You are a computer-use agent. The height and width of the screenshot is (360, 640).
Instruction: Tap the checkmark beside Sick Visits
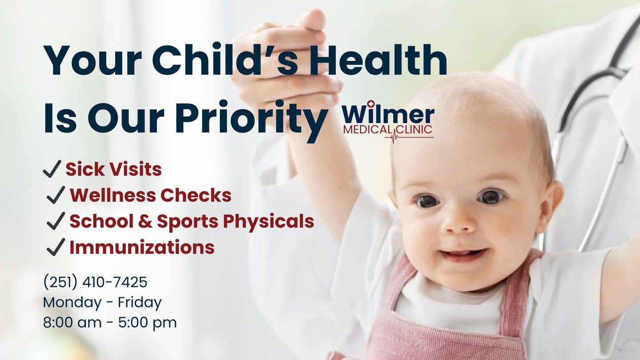[x=52, y=169]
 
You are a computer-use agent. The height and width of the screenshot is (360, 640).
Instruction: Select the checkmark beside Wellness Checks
[x=56, y=195]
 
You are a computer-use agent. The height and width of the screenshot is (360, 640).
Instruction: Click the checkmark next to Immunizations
[x=56, y=247]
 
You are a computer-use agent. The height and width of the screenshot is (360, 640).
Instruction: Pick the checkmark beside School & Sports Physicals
[x=56, y=221]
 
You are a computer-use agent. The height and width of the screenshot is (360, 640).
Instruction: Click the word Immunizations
[x=142, y=247]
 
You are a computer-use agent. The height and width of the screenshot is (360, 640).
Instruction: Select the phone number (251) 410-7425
[x=95, y=282]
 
